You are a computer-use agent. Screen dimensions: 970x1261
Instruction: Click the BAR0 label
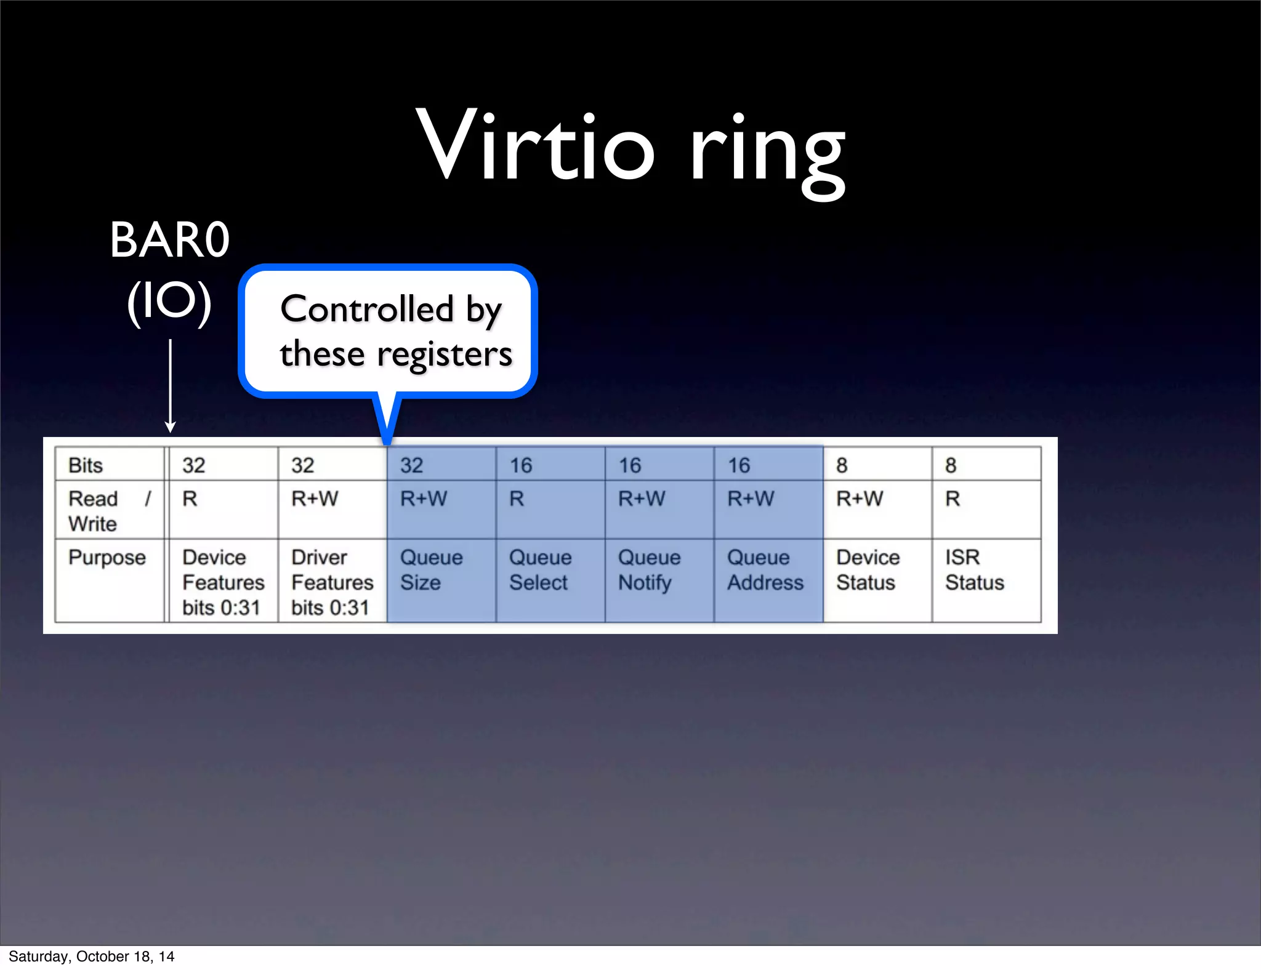point(169,240)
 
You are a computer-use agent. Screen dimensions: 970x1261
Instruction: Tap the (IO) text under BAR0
point(169,302)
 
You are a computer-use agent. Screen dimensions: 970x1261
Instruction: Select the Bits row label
point(86,465)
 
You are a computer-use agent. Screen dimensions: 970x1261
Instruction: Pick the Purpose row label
point(107,558)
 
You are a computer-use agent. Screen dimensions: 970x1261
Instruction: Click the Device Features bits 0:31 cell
point(223,582)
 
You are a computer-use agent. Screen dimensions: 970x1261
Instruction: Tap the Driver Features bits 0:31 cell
point(332,582)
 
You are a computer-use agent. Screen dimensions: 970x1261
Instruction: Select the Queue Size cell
point(431,570)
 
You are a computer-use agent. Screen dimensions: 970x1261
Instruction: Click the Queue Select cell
point(540,570)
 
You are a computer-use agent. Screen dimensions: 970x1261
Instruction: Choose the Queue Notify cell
point(649,570)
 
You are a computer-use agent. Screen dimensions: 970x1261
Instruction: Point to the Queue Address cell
point(765,570)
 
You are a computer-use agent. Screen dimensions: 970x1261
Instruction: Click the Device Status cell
point(868,570)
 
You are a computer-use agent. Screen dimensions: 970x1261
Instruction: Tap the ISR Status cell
point(974,570)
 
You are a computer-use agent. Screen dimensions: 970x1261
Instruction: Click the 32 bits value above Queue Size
point(412,465)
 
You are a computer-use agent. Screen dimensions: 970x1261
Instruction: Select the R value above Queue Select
point(517,499)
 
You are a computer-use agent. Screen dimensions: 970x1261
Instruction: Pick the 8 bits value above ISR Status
point(951,465)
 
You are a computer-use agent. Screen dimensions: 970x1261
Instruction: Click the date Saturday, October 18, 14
point(91,956)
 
